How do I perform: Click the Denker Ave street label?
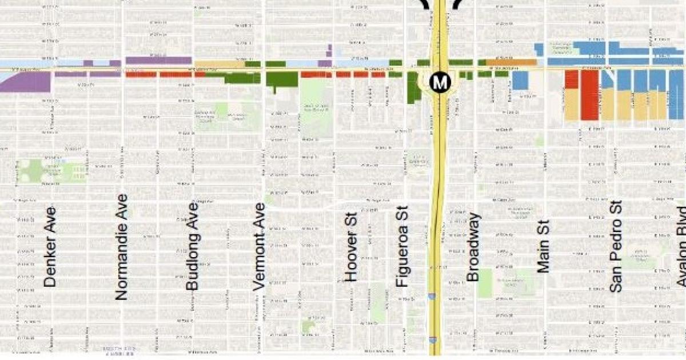(50, 247)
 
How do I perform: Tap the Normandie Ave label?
(121, 247)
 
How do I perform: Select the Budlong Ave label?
(193, 253)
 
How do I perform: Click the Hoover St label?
(351, 249)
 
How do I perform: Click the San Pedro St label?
(615, 246)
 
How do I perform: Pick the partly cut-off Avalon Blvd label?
(680, 246)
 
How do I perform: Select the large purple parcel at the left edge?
(26, 82)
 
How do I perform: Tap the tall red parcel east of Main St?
(589, 95)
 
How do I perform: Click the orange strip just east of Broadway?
(511, 62)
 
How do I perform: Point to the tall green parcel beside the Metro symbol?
(413, 88)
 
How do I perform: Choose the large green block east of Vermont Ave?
(282, 79)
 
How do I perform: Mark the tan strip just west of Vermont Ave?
(220, 64)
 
